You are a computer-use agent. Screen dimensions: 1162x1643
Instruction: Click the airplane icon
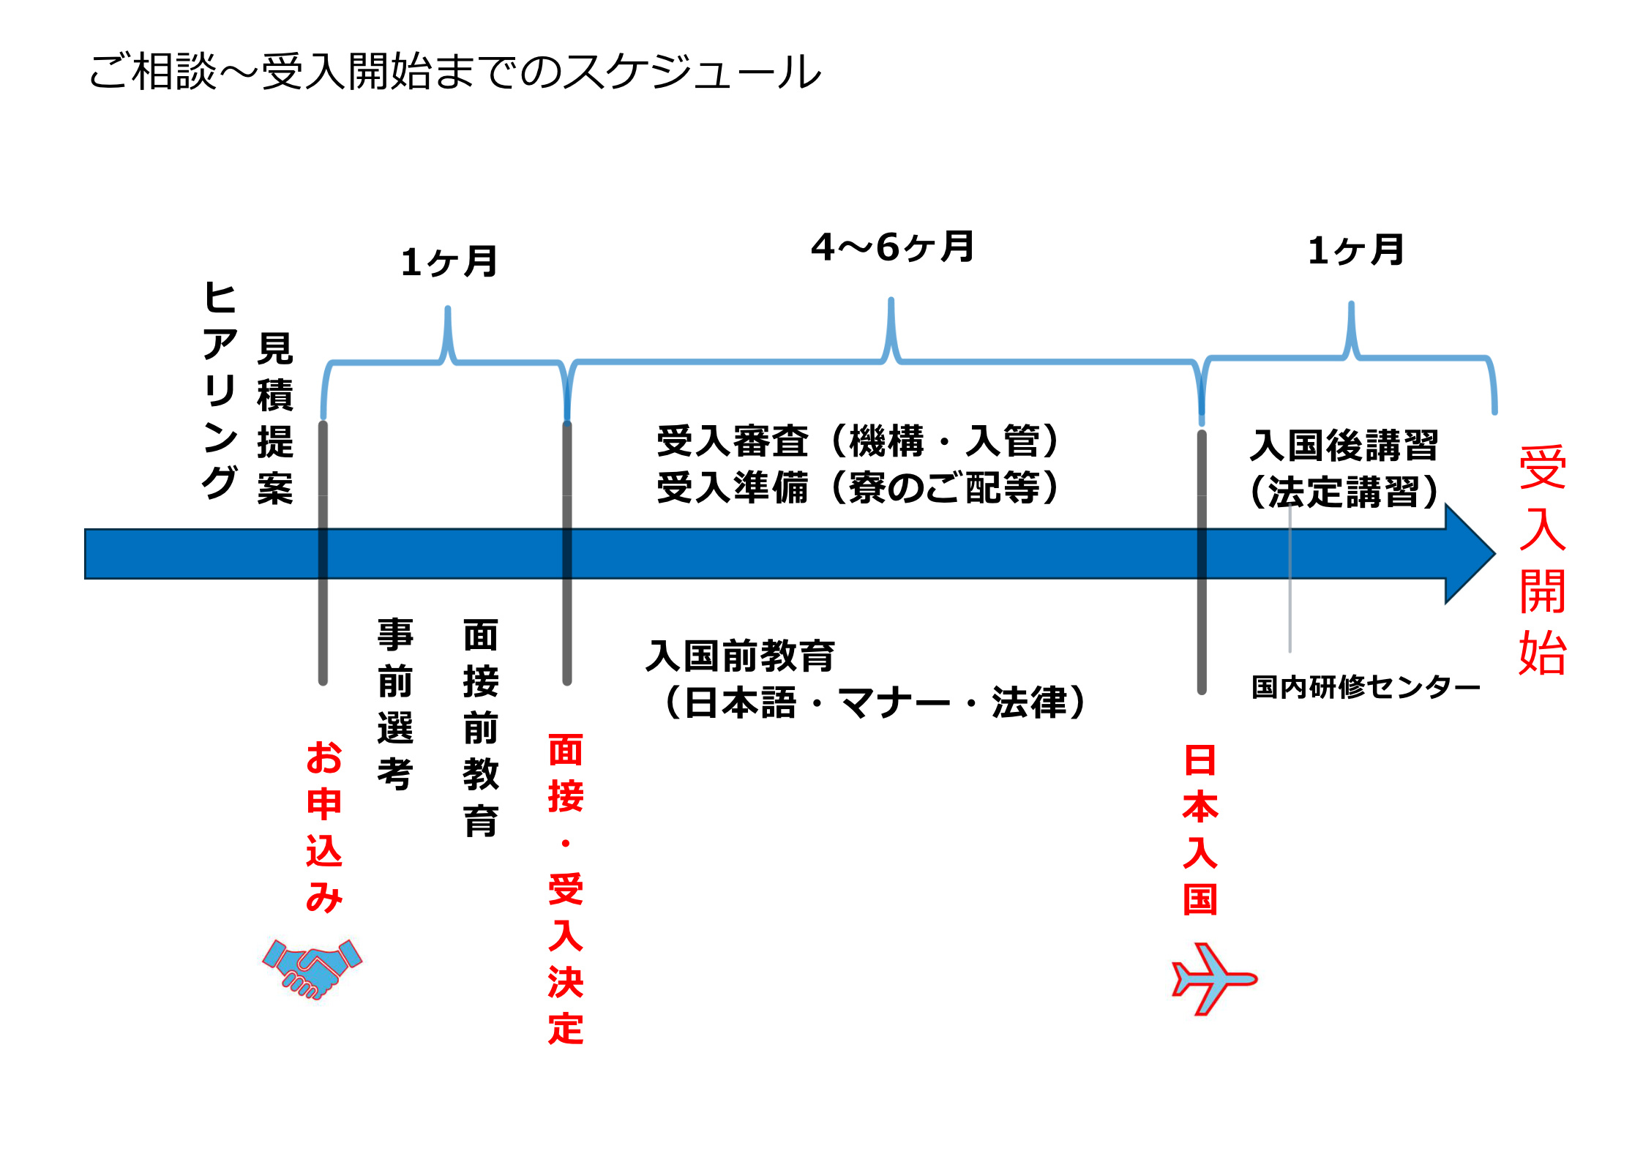1213,978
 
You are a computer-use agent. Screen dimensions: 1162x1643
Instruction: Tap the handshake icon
312,967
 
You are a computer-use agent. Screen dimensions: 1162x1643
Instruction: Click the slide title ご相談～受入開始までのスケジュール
454,72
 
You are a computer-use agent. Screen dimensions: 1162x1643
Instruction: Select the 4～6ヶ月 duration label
892,247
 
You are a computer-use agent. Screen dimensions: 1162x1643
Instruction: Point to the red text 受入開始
1542,560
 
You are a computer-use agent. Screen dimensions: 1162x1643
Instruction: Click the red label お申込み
324,826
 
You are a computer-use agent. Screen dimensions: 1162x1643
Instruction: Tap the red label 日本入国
1200,830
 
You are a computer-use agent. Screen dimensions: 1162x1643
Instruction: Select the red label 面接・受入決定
566,889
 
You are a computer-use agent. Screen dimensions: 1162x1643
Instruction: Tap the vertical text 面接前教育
481,727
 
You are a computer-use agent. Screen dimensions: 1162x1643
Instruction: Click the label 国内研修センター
1366,687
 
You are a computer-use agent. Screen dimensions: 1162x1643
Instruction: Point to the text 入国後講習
1344,446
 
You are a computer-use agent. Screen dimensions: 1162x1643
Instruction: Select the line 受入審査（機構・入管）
858,441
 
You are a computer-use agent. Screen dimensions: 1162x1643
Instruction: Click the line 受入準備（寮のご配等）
858,488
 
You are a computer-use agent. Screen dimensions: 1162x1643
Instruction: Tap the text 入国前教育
740,656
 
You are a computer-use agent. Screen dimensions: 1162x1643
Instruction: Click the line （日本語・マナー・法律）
875,702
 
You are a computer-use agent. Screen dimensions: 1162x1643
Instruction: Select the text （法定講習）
1344,492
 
